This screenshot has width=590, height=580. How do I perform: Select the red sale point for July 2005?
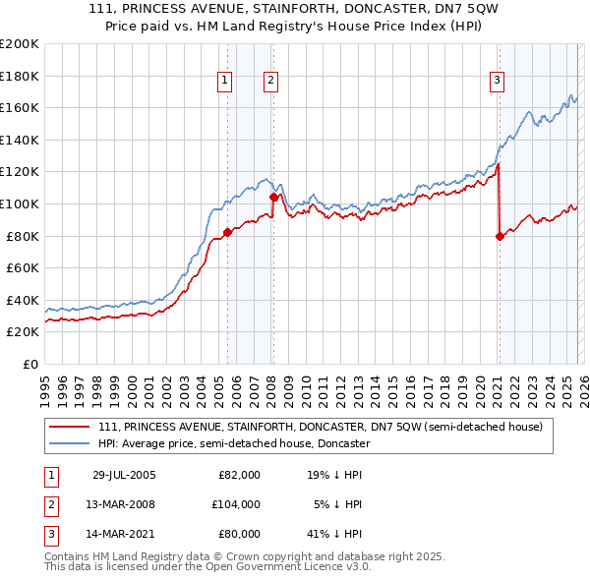(227, 233)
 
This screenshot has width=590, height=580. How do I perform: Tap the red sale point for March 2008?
(273, 198)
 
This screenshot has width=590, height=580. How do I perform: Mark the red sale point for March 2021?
(500, 236)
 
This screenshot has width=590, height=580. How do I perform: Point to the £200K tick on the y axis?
(20, 44)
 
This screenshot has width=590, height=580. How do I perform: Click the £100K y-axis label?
(20, 203)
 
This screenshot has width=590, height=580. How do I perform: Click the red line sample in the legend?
(70, 427)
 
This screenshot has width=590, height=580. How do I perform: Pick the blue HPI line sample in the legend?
(70, 443)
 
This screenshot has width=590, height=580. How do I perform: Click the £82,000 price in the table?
(239, 475)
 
